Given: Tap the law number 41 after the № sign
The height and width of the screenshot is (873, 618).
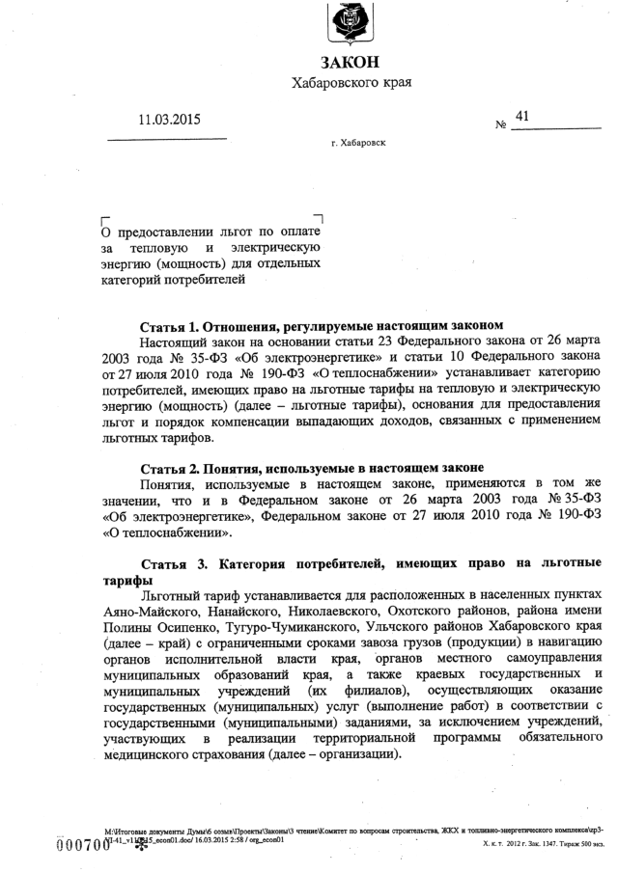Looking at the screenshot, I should click(522, 117).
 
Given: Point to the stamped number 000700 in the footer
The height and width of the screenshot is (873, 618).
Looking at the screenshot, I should click(83, 846).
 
